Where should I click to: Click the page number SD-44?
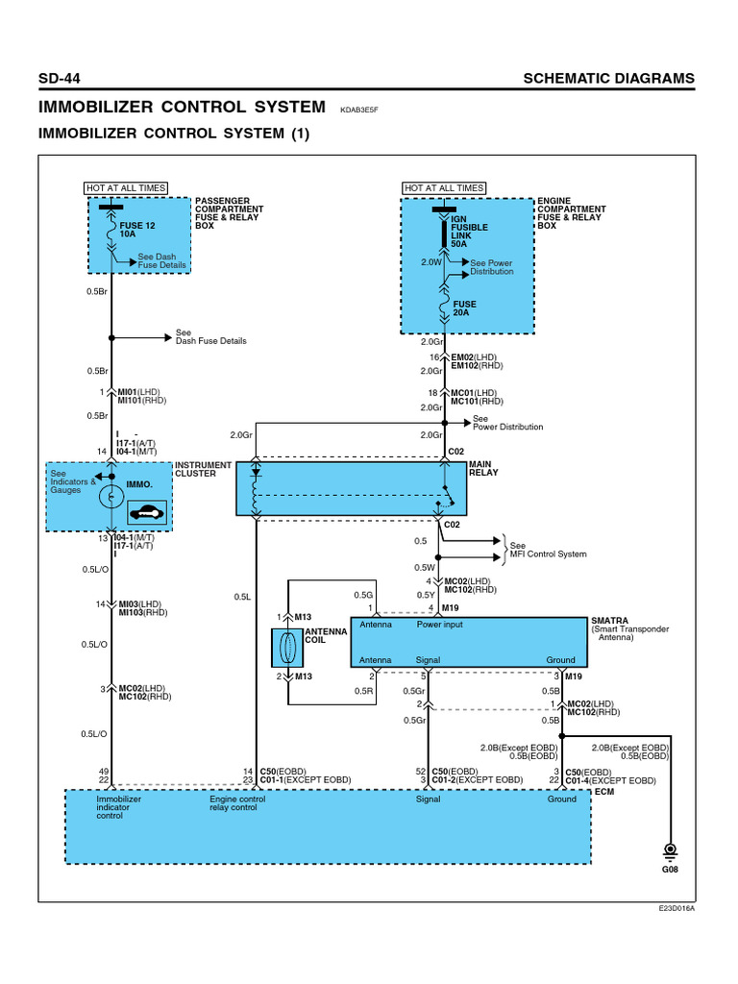point(61,78)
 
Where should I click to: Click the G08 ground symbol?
point(669,853)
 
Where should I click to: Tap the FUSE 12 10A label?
point(136,230)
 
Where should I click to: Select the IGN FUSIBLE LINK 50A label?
point(469,232)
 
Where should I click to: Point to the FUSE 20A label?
point(464,308)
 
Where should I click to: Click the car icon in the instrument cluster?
point(148,512)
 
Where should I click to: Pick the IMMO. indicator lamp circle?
point(111,497)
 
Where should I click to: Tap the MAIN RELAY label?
point(484,469)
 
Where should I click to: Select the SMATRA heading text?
point(611,620)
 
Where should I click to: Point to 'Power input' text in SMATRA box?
point(439,625)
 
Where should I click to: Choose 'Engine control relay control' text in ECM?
point(237,803)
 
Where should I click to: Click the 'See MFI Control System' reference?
point(548,550)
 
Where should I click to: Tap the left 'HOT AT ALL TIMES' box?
point(126,187)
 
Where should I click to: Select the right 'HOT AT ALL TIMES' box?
point(444,187)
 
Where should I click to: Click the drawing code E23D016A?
point(676,908)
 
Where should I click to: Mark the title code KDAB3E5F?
point(360,110)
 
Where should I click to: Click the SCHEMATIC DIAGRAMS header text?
point(608,78)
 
